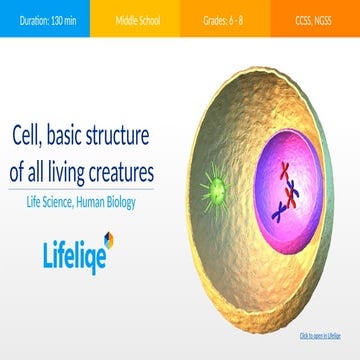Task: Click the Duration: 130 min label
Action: point(44,18)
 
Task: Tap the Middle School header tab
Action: point(135,18)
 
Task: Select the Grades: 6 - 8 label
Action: point(225,18)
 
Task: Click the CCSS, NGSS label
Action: point(314,18)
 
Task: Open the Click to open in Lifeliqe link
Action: point(320,335)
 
